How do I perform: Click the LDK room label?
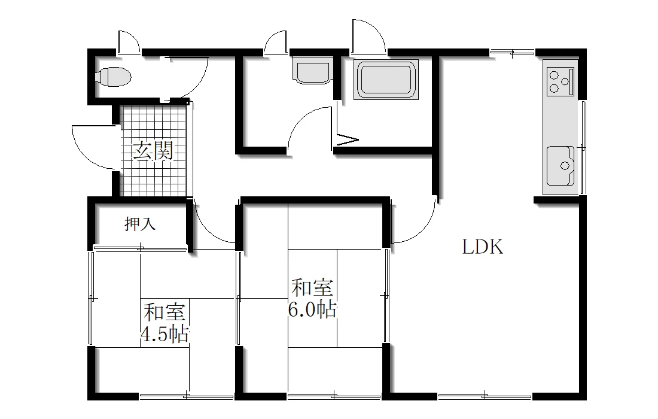[x=483, y=247]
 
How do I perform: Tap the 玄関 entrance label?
[x=153, y=151]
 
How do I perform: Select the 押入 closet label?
[x=140, y=224]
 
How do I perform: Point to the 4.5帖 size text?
[x=164, y=334]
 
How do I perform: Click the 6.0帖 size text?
[x=313, y=310]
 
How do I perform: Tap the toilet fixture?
[x=113, y=77]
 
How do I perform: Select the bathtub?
[x=386, y=80]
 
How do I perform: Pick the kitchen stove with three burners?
[x=560, y=81]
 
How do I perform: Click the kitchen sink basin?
[x=560, y=165]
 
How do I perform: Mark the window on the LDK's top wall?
[x=512, y=51]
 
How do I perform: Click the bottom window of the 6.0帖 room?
[x=334, y=396]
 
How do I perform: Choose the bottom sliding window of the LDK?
[x=485, y=396]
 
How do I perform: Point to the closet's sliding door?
[x=140, y=248]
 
